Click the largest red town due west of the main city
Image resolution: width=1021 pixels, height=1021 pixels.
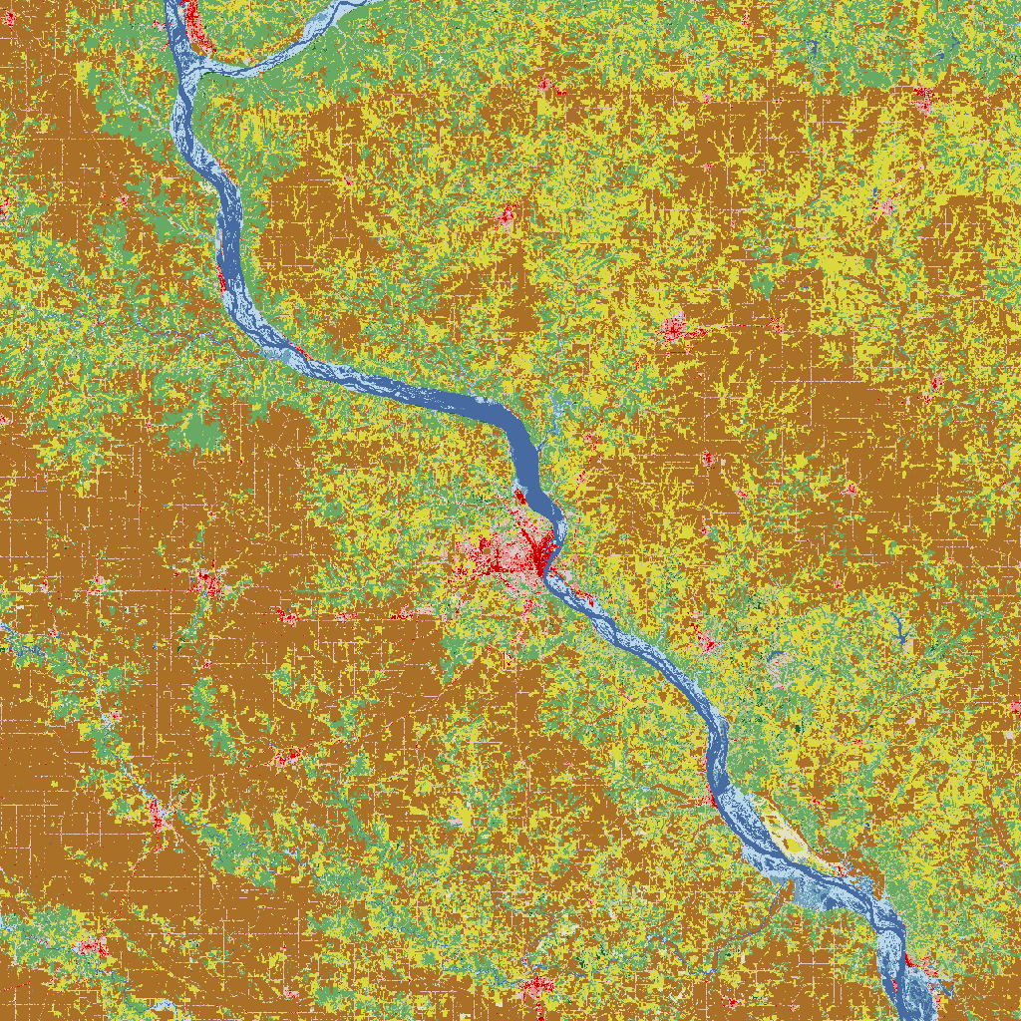click(x=209, y=582)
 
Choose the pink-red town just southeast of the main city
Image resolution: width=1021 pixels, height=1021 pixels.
click(x=704, y=638)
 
